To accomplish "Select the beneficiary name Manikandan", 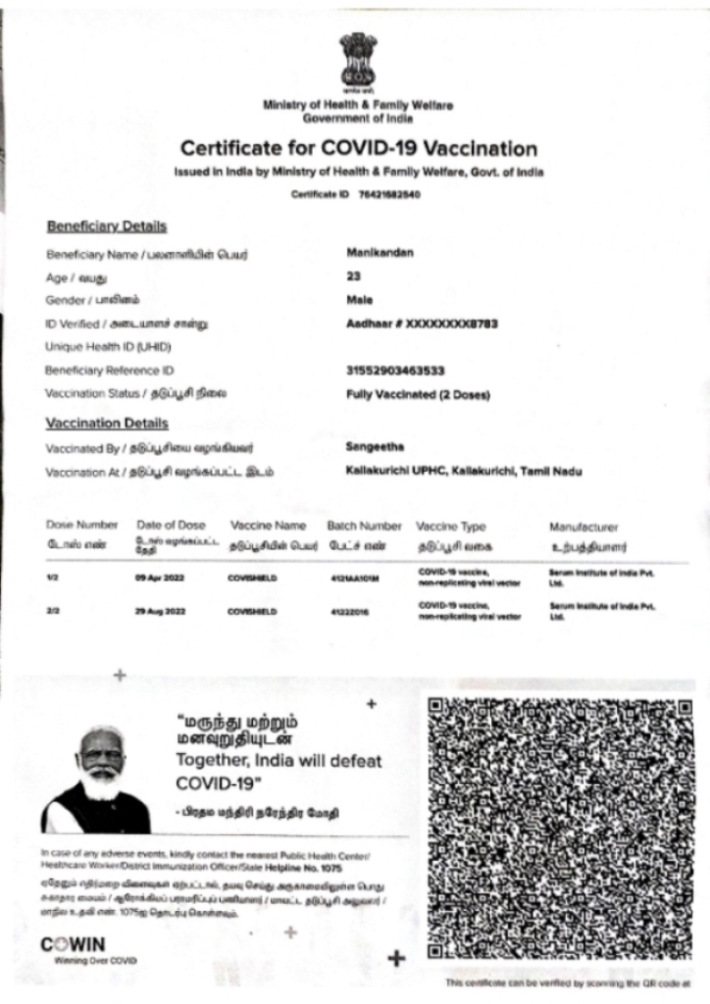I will point(380,253).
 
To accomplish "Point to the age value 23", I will point(354,276).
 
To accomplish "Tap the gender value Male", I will point(360,299).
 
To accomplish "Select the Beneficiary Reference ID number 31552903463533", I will point(396,371).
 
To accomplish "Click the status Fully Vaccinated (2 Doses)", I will point(418,394).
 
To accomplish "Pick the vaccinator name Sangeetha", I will point(376,447).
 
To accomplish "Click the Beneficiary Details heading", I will point(107,226).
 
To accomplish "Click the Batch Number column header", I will point(364,527).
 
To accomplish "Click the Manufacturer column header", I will point(584,527).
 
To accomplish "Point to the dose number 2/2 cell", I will point(53,611).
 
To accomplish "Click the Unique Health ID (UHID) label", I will point(94,347).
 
